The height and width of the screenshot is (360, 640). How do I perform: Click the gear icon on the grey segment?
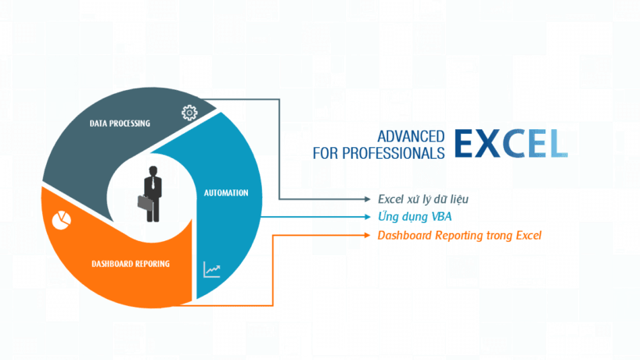point(189,113)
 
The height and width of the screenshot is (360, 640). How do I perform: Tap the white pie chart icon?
point(62,221)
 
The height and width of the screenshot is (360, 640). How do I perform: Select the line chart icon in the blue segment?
point(212,269)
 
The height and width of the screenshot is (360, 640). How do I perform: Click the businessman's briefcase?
point(146,203)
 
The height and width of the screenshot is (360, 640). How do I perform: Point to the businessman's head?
point(153,171)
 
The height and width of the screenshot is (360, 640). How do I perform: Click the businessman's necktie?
point(153,183)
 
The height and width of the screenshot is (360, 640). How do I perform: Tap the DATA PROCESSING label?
point(120,124)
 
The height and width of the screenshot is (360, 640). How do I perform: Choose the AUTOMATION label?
point(226,193)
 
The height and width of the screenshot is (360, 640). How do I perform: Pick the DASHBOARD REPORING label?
point(131,264)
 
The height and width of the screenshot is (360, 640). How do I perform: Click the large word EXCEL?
point(511,143)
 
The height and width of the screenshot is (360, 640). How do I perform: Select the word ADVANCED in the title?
point(411,136)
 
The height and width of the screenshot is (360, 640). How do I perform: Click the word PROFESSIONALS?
point(394,153)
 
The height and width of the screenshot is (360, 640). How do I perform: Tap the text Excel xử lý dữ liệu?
point(423,200)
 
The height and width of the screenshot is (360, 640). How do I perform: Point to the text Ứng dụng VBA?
point(415,216)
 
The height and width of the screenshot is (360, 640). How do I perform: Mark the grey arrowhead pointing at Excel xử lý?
point(368,200)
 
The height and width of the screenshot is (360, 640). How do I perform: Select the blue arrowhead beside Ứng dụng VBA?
point(368,217)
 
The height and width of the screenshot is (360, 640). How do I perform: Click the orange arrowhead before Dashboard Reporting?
point(368,235)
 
